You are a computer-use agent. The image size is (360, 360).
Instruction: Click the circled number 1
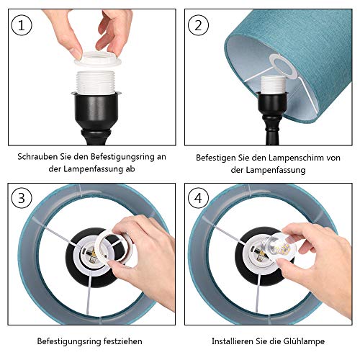pos(22,25)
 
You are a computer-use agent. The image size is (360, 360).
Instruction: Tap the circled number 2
pos(198,25)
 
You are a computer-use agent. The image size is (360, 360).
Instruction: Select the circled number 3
pos(22,198)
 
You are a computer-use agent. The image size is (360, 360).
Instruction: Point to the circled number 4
pos(198,198)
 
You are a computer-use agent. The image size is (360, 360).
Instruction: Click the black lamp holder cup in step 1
pos(96,109)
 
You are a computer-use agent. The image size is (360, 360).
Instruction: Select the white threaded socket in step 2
pos(273,84)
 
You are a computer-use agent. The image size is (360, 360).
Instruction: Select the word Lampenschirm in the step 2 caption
pos(294,158)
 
